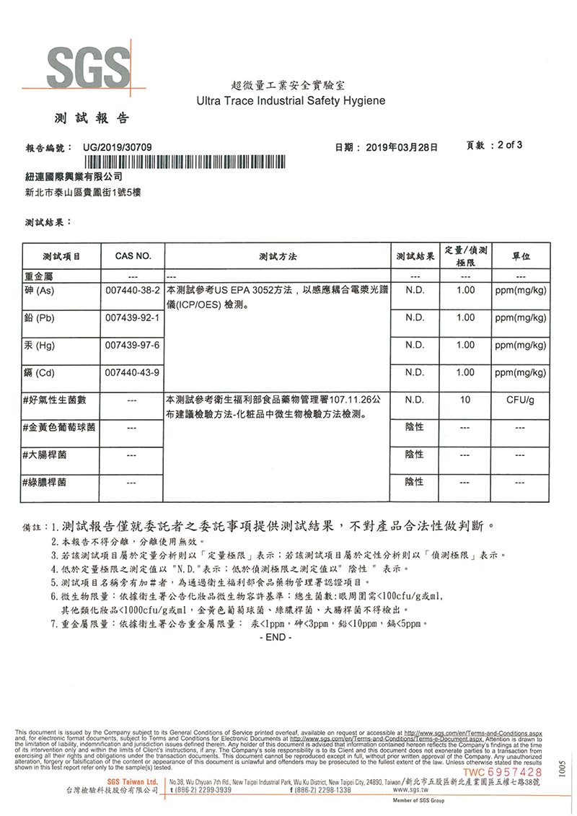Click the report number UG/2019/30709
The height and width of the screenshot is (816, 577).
[118, 146]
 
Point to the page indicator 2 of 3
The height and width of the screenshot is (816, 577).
[506, 144]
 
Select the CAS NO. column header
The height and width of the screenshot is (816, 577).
[133, 256]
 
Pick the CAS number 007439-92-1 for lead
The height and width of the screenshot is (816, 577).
[133, 317]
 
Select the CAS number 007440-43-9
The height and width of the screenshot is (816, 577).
[133, 372]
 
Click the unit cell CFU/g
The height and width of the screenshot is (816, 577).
[520, 399]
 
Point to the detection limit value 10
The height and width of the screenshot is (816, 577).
[465, 399]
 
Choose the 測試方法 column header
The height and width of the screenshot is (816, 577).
[278, 256]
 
